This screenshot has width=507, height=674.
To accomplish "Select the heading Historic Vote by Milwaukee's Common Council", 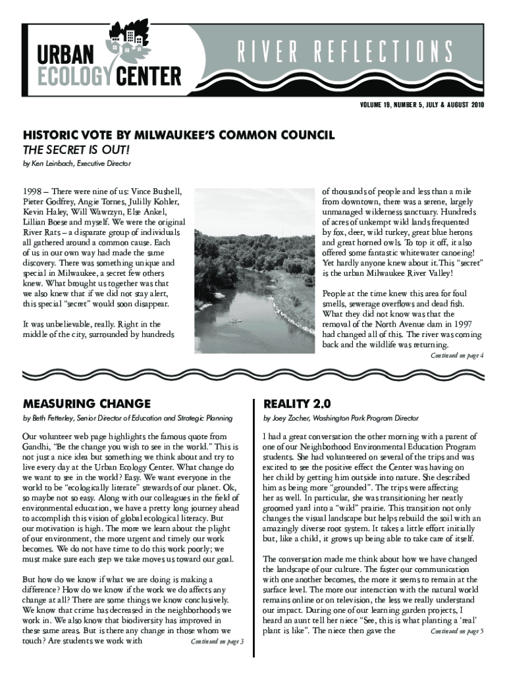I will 179,135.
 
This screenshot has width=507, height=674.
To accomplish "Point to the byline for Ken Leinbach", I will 76,163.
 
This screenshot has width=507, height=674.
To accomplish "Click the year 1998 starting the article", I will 33,190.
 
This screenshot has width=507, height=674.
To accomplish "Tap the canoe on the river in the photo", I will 234,321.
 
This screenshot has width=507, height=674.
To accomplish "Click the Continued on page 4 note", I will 458,356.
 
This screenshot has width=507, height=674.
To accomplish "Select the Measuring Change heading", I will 86,403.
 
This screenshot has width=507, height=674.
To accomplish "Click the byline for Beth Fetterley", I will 126,418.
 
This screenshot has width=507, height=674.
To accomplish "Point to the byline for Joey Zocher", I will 340,418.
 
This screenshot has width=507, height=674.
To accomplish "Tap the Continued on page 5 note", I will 457,631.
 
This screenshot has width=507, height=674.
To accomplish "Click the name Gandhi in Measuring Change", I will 38,446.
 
